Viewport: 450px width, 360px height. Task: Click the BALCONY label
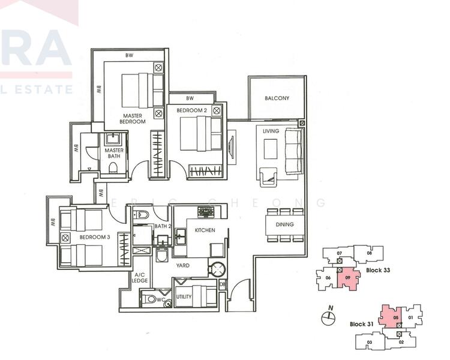tap(277, 98)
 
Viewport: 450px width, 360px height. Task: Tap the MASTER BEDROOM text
tap(133, 119)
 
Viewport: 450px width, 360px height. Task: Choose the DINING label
tap(285, 225)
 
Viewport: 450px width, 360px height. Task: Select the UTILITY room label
tap(184, 298)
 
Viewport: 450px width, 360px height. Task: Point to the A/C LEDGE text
tap(140, 280)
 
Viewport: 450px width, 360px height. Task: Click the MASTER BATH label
tap(114, 154)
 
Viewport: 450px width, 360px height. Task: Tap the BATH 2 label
tap(163, 226)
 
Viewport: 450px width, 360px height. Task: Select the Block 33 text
tap(378, 271)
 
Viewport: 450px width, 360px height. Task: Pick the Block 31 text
tap(362, 325)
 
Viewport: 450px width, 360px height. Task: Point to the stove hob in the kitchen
tap(207, 212)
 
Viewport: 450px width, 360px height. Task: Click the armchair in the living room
tap(268, 175)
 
